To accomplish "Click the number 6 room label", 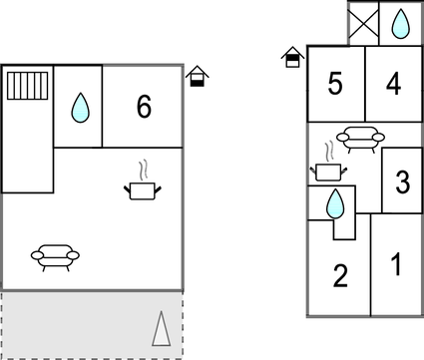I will coord(144,108).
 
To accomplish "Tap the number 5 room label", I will coord(335,84).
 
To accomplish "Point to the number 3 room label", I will coord(402,182).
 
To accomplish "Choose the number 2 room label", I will coord(340,275).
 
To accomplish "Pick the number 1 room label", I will coord(396,265).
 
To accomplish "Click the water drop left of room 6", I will coord(78,108).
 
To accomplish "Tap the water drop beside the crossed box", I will coord(399,24).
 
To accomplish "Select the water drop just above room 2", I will coord(336,203).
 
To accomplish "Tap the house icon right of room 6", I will coord(198,76).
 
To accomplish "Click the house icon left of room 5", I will coord(291,56).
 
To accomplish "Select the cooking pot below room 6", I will coord(144,188).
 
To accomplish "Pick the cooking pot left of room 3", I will coord(326,171).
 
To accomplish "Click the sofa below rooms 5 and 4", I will coord(358,139).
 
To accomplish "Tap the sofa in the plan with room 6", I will coord(55,257).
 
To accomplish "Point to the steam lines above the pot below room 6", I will coord(144,167).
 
